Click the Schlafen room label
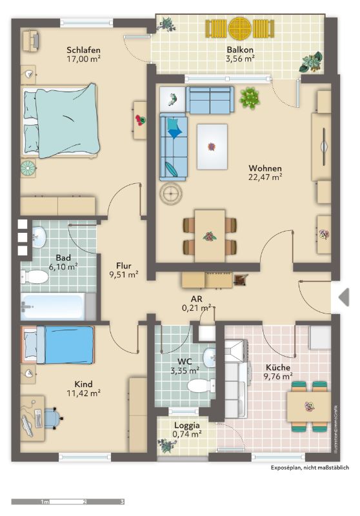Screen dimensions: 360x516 [x=83, y=50]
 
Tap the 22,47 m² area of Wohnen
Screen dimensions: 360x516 [x=265, y=177]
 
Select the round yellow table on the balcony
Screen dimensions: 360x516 [x=240, y=28]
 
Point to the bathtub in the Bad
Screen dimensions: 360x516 [x=54, y=306]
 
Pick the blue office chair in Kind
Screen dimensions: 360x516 [x=53, y=418]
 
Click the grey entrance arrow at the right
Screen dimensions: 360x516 [x=344, y=297]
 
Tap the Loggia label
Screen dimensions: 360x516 [x=187, y=426]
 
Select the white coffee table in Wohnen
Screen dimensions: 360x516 [x=212, y=146]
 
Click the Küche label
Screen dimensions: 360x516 [x=278, y=368]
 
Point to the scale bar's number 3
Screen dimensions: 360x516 [x=122, y=502]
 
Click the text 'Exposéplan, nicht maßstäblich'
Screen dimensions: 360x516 [x=310, y=467]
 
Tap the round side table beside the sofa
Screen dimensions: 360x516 [x=171, y=193]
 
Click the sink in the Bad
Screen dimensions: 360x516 [x=39, y=237]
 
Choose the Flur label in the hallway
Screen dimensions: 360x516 [x=124, y=266]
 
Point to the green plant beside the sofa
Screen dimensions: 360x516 [x=250, y=98]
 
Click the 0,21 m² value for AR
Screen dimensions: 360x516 [x=197, y=308]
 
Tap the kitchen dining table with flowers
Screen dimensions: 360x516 [x=308, y=407]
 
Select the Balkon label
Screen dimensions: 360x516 [x=240, y=50]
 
